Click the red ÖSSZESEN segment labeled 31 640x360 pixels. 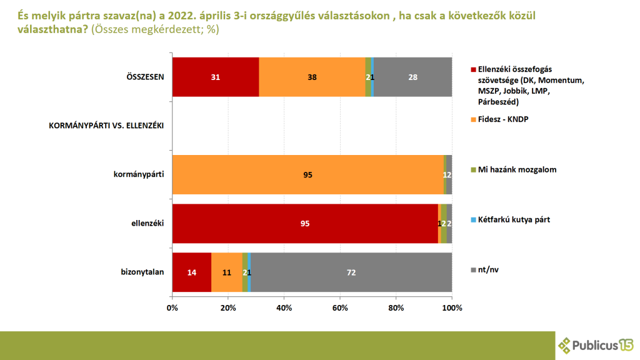pos(216,77)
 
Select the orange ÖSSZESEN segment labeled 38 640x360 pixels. pos(312,77)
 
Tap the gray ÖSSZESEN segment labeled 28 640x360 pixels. pos(412,77)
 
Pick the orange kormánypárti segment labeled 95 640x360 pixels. pos(307,174)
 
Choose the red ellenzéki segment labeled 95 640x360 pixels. pos(305,223)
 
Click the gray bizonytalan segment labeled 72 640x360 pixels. pos(351,272)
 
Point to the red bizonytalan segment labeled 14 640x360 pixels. pos(192,272)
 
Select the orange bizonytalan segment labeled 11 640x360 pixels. pos(227,272)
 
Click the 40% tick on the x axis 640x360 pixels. pos(284,308)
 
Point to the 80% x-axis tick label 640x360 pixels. pos(396,308)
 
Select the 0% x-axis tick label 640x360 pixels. pos(172,308)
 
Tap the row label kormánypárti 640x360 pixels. pos(134,174)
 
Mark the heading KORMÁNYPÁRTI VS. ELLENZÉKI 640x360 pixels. pos(106,126)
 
